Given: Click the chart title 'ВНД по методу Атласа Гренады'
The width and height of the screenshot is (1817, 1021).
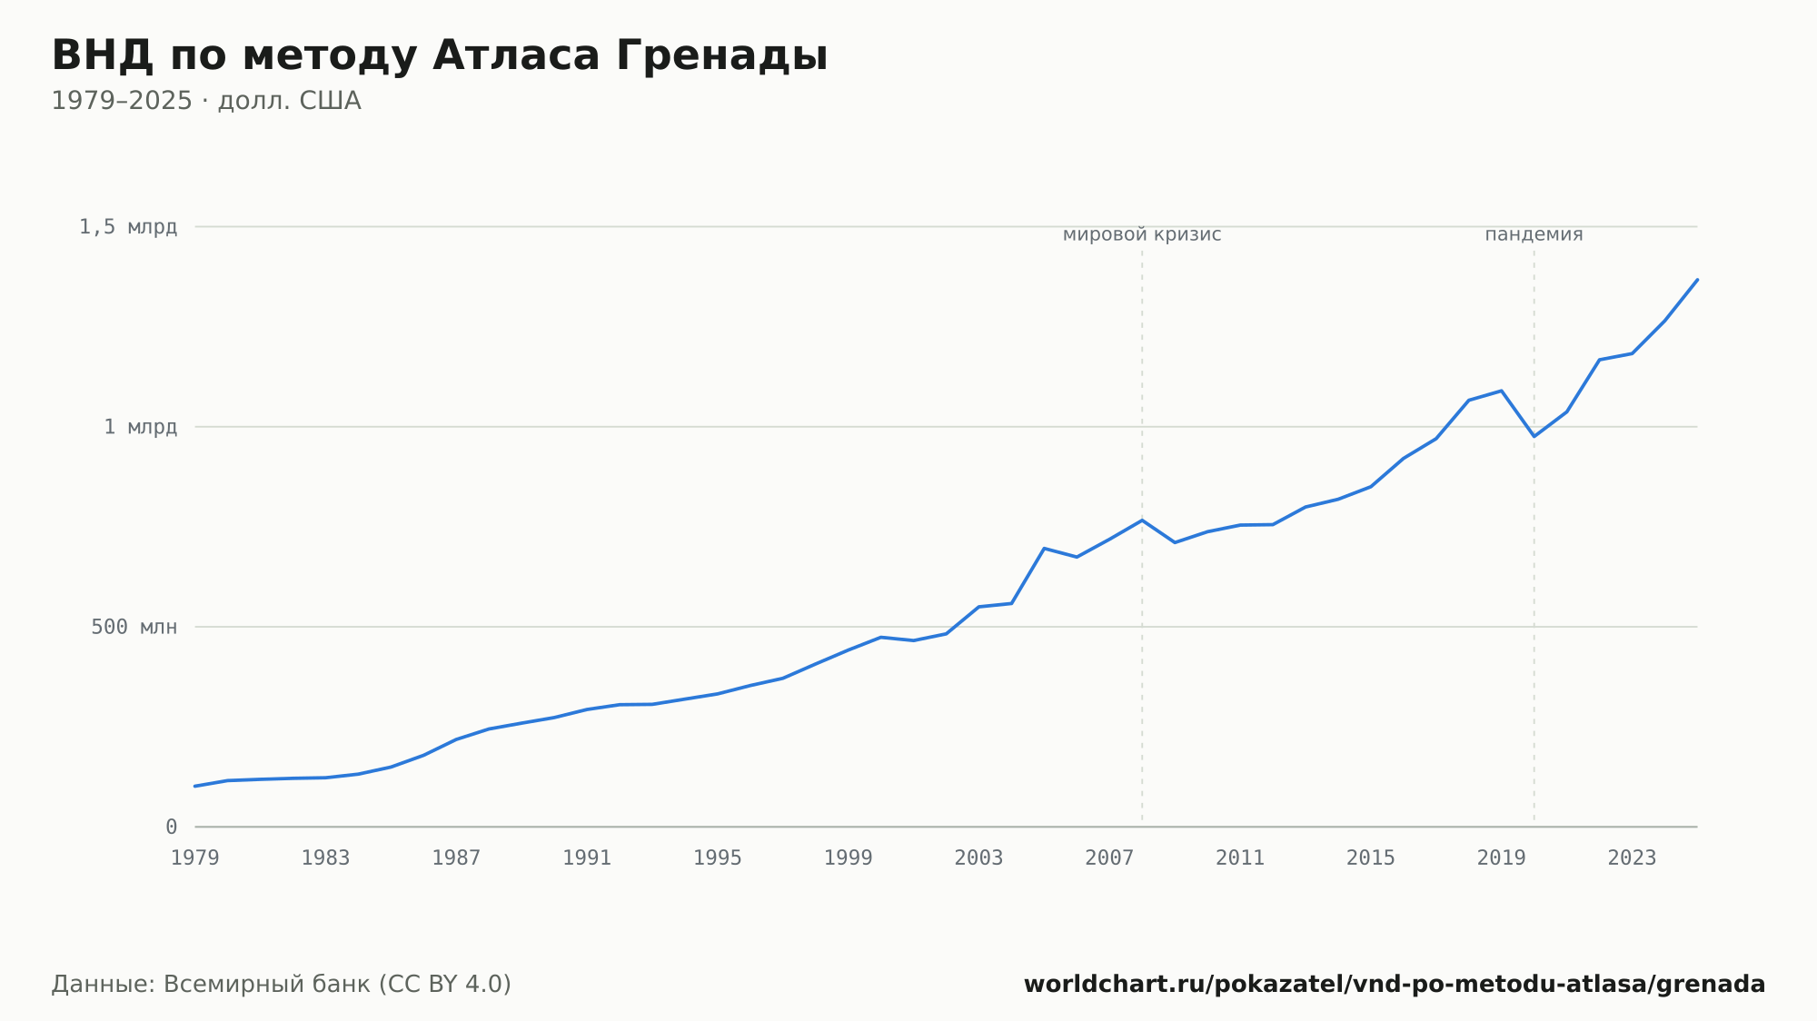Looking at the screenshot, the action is (x=440, y=56).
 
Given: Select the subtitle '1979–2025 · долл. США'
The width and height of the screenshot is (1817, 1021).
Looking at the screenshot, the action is (x=206, y=101).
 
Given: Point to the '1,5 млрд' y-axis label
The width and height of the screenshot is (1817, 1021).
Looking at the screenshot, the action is (x=128, y=227).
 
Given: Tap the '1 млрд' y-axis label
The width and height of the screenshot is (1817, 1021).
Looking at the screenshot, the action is (x=140, y=427).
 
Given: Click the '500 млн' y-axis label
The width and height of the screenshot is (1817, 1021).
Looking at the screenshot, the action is (x=134, y=627).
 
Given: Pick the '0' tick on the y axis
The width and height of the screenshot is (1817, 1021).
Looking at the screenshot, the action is (x=171, y=827).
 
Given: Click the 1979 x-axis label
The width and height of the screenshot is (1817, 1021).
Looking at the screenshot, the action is (x=195, y=858).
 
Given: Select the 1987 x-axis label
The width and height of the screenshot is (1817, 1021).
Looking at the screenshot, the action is (x=456, y=858).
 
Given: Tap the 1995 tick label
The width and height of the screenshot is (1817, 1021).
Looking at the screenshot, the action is (x=718, y=858).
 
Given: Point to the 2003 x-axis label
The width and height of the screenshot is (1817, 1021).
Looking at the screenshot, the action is (x=978, y=858).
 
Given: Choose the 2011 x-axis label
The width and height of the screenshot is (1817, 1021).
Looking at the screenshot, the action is (x=1240, y=858).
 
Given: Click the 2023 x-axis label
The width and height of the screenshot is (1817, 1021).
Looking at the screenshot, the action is (x=1632, y=858).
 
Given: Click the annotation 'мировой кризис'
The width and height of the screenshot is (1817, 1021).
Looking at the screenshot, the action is (x=1142, y=234).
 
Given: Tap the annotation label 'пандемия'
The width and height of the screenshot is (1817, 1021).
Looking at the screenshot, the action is (x=1534, y=234).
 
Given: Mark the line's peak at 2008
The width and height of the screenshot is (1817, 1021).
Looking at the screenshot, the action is (x=1142, y=520).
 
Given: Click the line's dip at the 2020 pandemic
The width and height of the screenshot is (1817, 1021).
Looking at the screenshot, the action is (x=1534, y=436).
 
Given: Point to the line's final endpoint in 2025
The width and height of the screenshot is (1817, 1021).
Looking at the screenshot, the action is (x=1697, y=280).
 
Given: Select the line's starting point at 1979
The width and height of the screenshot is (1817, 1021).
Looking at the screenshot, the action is (x=195, y=786).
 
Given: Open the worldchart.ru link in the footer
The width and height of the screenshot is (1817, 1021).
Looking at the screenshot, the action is (x=1395, y=985).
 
